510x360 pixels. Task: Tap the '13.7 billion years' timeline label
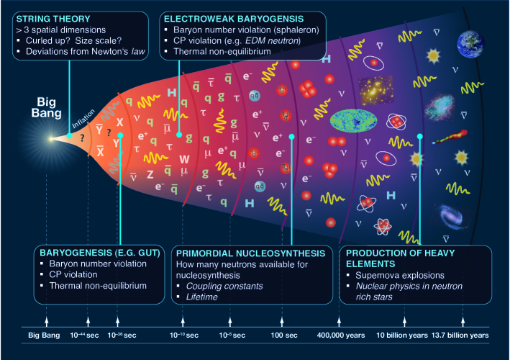461,336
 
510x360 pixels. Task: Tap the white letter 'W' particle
184,158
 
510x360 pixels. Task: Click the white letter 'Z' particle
150,174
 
